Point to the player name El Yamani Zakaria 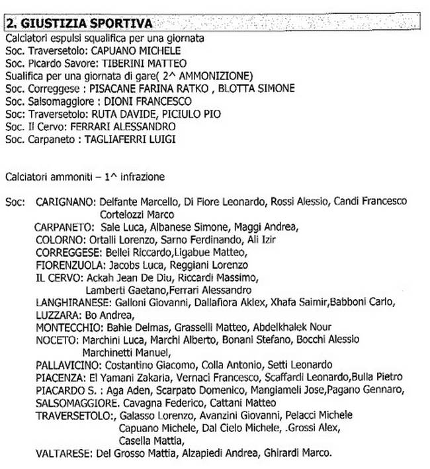(x=126, y=377)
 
